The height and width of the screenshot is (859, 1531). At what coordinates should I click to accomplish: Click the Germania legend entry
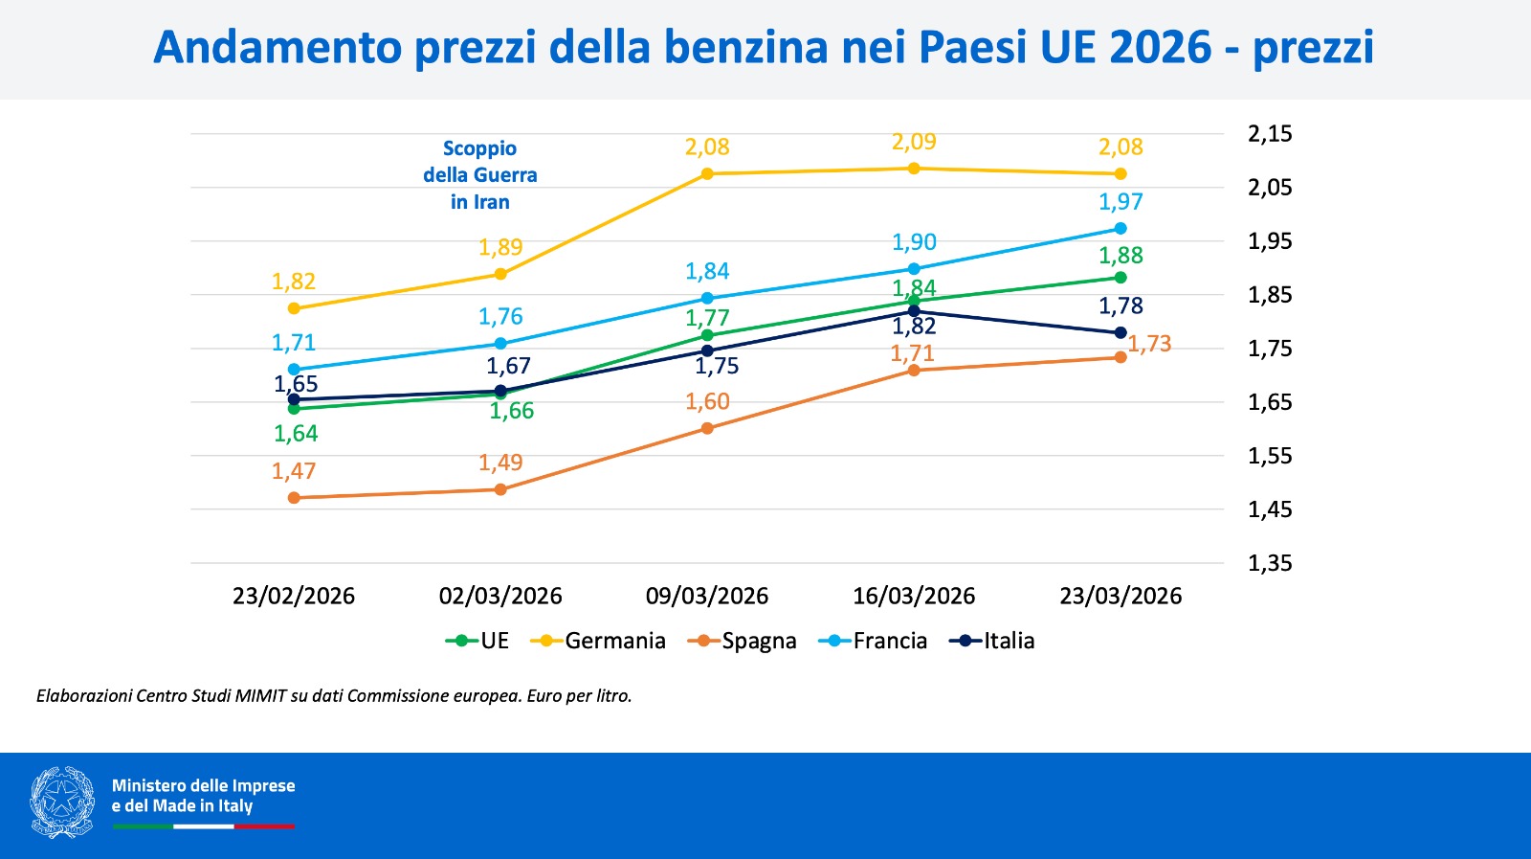coord(603,641)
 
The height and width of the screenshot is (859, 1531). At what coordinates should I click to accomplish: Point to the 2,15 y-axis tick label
coord(1270,134)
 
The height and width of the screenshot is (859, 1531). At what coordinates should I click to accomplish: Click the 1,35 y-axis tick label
coord(1270,563)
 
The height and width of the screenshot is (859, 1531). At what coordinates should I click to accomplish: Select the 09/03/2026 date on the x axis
coord(707,596)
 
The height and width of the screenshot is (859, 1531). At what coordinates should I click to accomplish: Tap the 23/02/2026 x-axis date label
coord(294,596)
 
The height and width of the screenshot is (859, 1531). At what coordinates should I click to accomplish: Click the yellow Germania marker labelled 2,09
coord(914,169)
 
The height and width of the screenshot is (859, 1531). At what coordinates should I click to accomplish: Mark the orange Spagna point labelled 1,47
coord(294,498)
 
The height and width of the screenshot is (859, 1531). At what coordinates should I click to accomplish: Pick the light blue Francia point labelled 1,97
coord(1121,229)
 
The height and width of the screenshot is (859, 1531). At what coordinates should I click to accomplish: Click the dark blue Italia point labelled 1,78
coord(1121,333)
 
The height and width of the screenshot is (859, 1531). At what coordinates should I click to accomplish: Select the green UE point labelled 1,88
coord(1121,278)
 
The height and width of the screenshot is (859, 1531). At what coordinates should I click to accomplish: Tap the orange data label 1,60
coord(707,402)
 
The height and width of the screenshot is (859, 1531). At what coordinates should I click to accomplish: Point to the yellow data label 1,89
coord(500,247)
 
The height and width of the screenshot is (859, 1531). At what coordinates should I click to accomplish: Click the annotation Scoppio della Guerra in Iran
coord(480,175)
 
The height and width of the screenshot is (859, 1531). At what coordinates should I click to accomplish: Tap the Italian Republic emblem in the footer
coord(62,802)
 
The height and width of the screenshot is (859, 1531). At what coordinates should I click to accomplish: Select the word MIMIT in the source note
coord(260,696)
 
